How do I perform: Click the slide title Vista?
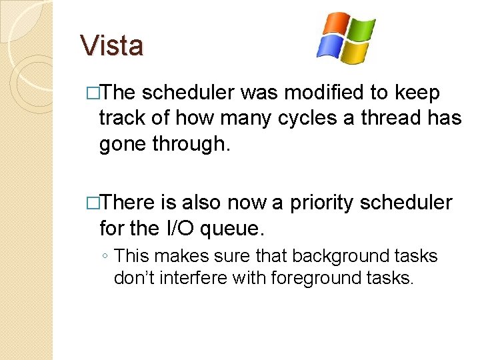pyautogui.click(x=111, y=46)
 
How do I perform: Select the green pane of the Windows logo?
pyautogui.click(x=361, y=31)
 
